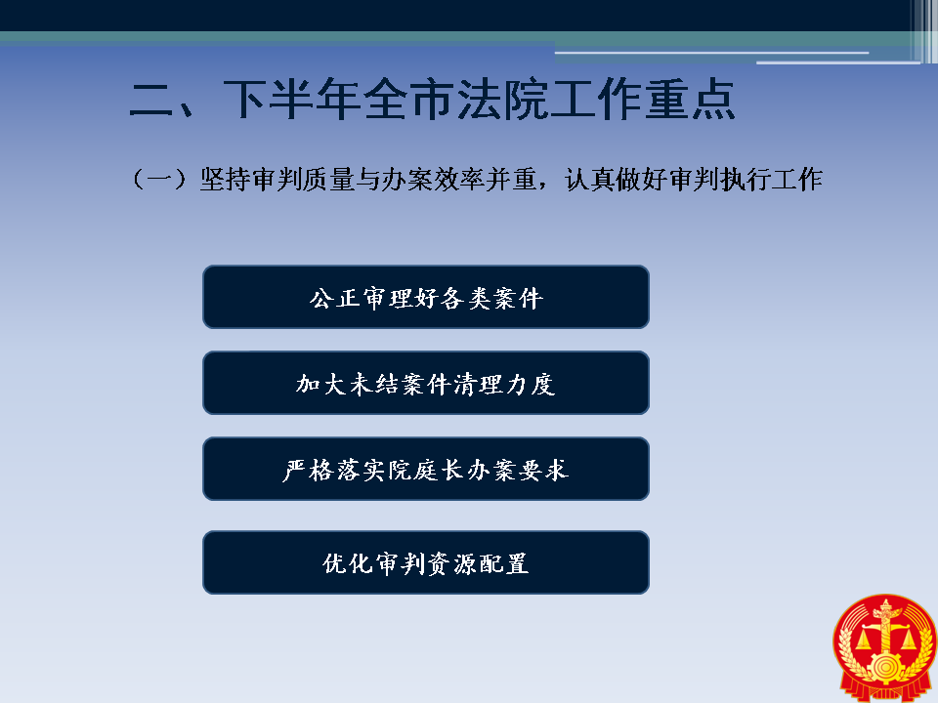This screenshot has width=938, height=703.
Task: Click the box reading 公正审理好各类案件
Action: (x=426, y=297)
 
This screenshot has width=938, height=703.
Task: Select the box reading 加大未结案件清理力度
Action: (x=426, y=383)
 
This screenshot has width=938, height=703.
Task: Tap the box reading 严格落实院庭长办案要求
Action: (x=426, y=470)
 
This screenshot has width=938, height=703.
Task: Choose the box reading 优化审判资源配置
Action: (x=426, y=562)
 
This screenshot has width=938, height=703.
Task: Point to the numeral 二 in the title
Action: (x=151, y=100)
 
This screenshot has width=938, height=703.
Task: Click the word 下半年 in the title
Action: (x=292, y=100)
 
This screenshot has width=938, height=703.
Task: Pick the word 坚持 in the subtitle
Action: (x=226, y=180)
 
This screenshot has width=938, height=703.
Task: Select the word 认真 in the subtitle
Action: (x=590, y=180)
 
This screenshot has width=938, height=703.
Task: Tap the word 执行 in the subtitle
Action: (x=746, y=180)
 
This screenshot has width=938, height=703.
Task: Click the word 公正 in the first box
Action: (x=334, y=298)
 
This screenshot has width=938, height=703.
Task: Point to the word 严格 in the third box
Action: (x=308, y=470)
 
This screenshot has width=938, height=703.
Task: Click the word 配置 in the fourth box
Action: (x=505, y=563)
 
